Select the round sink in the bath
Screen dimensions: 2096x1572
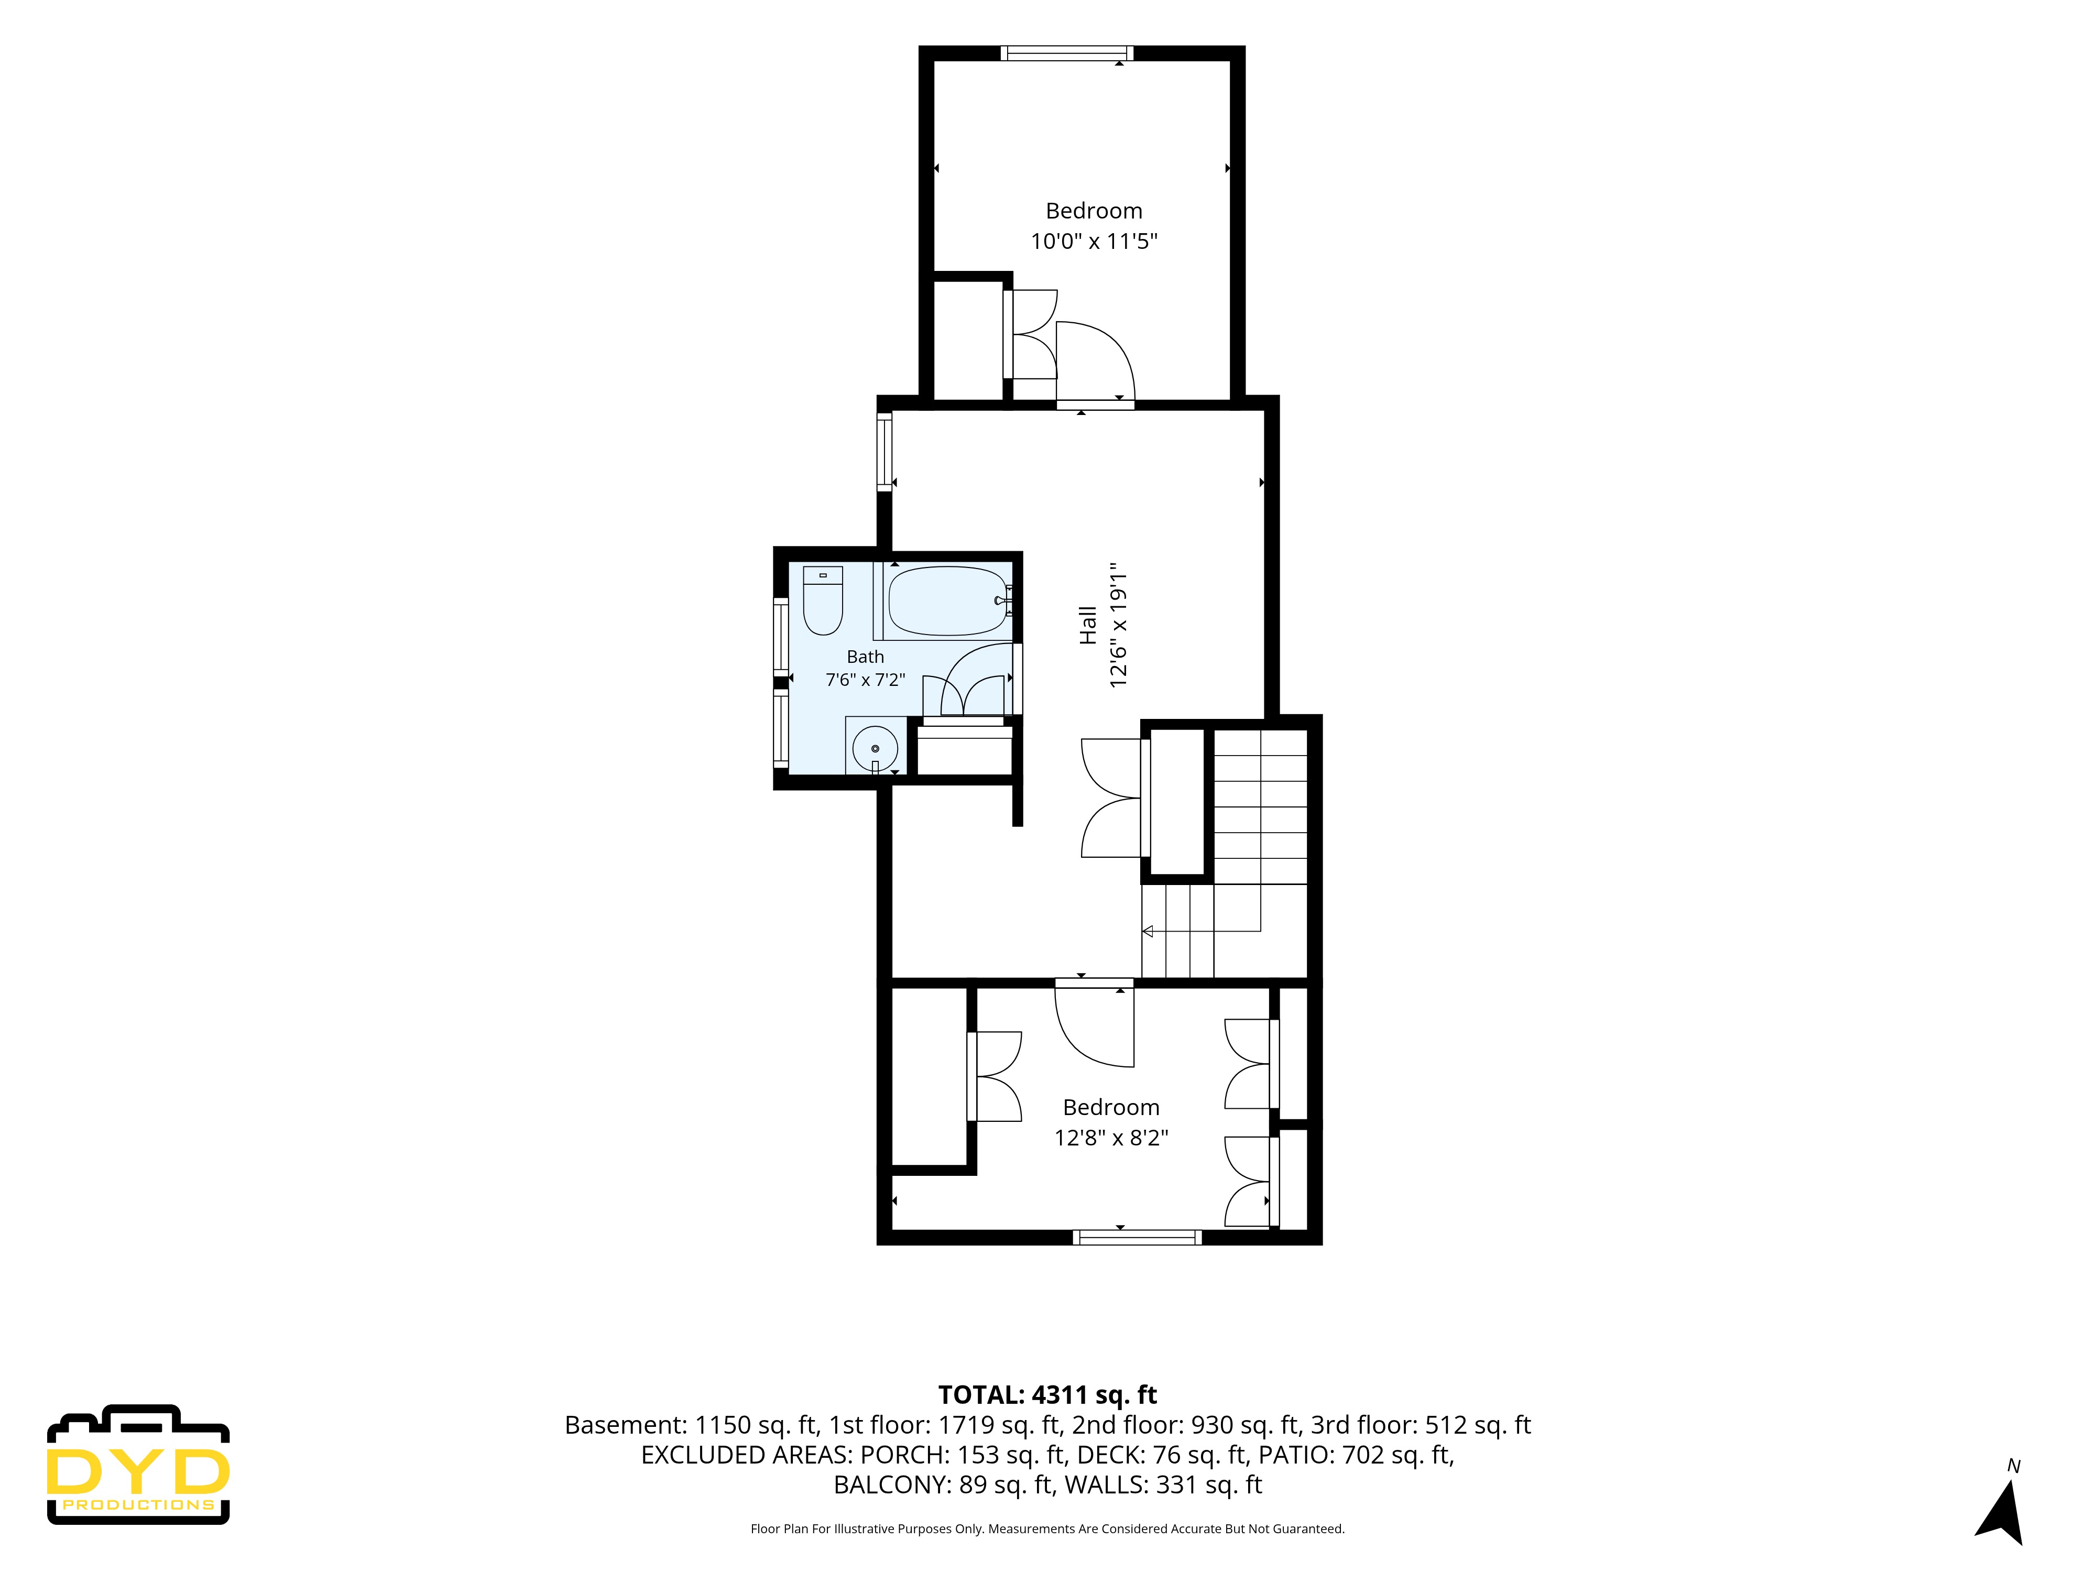pos(875,749)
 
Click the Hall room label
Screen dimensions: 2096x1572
pos(1088,625)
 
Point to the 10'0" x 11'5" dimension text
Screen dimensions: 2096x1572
pos(1095,242)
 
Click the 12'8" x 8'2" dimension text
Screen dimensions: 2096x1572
pos(1111,1138)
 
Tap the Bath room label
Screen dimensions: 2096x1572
pos(865,657)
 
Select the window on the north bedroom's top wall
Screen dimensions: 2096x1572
pos(1066,53)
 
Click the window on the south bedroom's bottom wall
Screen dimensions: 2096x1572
pos(1137,1237)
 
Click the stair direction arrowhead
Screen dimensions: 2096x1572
pos(1148,932)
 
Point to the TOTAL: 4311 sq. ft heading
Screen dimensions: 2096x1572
pos(1047,1395)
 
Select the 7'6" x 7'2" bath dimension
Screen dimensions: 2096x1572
pos(865,680)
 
